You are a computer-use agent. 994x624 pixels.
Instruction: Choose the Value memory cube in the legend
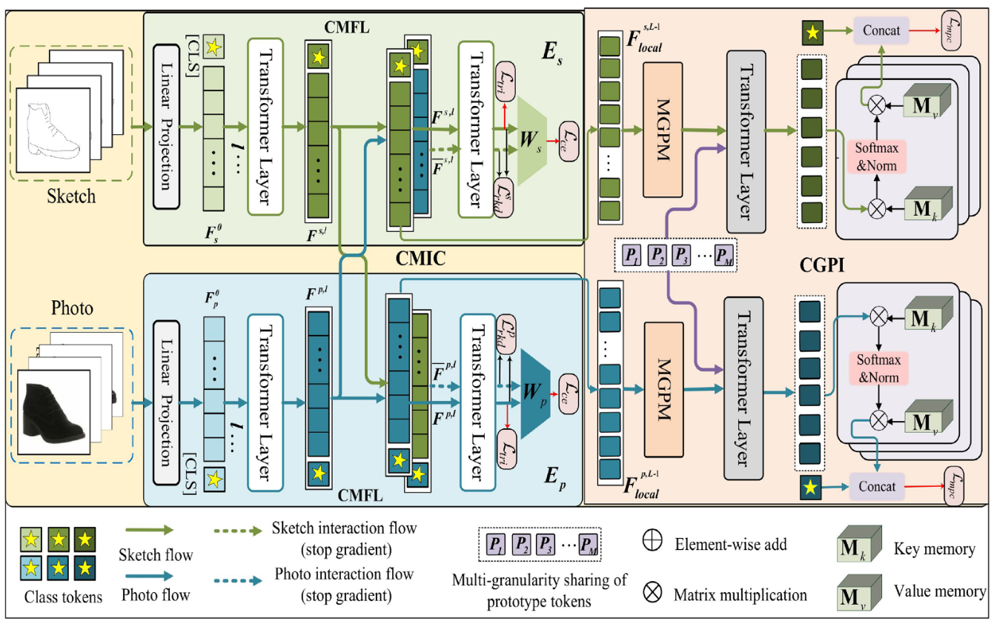pyautogui.click(x=861, y=592)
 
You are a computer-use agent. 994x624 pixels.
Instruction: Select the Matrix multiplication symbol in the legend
pyautogui.click(x=652, y=593)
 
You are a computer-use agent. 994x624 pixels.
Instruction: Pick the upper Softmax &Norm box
pyautogui.click(x=876, y=157)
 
